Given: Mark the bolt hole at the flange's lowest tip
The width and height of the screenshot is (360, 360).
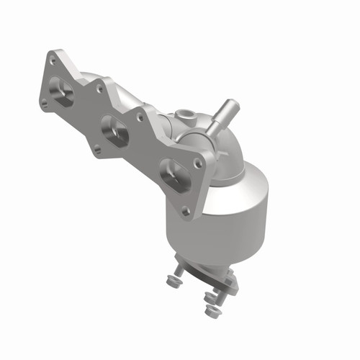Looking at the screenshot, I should pos(186,211).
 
